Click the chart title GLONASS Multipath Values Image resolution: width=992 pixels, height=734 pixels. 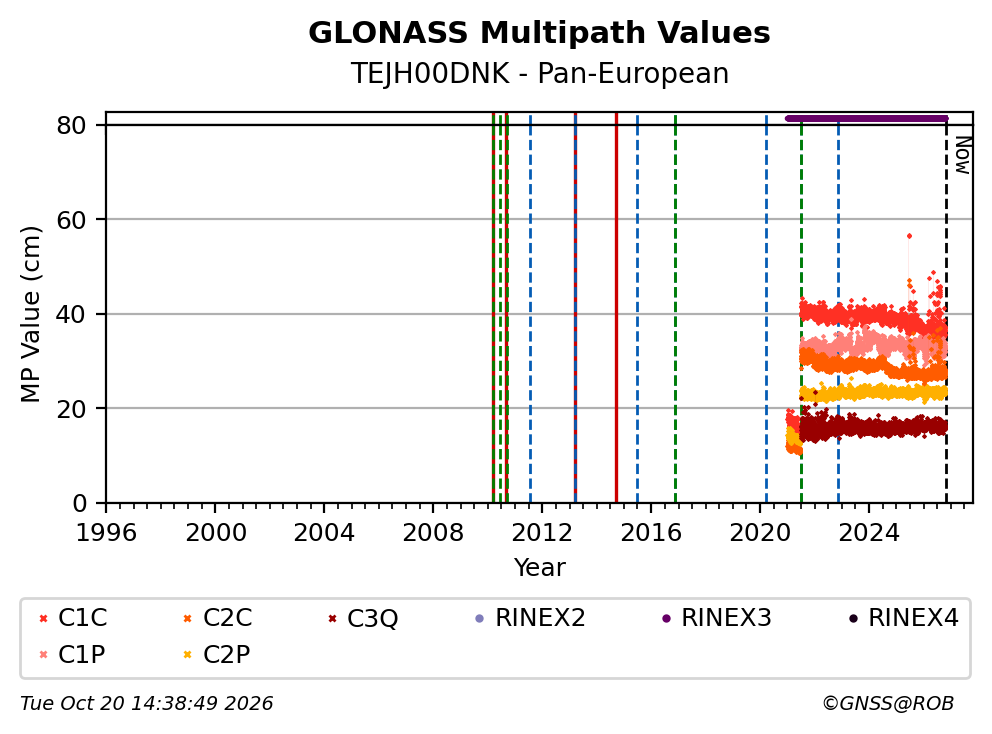click(539, 33)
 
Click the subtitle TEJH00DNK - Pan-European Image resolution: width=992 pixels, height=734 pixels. click(539, 73)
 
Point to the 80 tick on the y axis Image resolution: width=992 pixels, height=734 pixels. click(71, 125)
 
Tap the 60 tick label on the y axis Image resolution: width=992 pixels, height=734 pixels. click(71, 220)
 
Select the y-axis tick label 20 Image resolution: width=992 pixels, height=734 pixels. click(71, 409)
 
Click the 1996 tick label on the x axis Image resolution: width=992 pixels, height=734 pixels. click(106, 533)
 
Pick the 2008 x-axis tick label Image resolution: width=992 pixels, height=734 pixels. click(433, 533)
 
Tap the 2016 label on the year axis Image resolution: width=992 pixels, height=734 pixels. click(651, 533)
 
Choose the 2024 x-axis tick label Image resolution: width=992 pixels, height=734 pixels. click(869, 533)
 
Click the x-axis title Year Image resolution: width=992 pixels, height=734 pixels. click(539, 568)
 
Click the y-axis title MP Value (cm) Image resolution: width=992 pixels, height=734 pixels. click(30, 314)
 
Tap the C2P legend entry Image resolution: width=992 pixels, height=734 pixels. click(216, 654)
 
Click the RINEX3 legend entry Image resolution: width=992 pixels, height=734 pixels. click(717, 618)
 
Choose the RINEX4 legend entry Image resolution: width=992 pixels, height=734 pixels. click(903, 618)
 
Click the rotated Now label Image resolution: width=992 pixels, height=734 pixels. click(963, 156)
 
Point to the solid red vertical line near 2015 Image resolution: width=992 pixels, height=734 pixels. click(616, 308)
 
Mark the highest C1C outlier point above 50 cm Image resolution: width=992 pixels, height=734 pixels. click(909, 236)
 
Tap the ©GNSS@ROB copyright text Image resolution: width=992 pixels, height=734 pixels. click(888, 703)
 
